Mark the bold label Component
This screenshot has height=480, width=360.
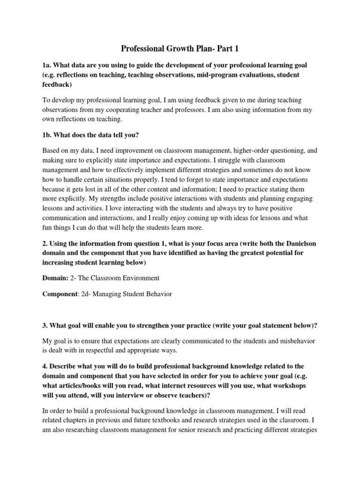click(59, 294)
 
